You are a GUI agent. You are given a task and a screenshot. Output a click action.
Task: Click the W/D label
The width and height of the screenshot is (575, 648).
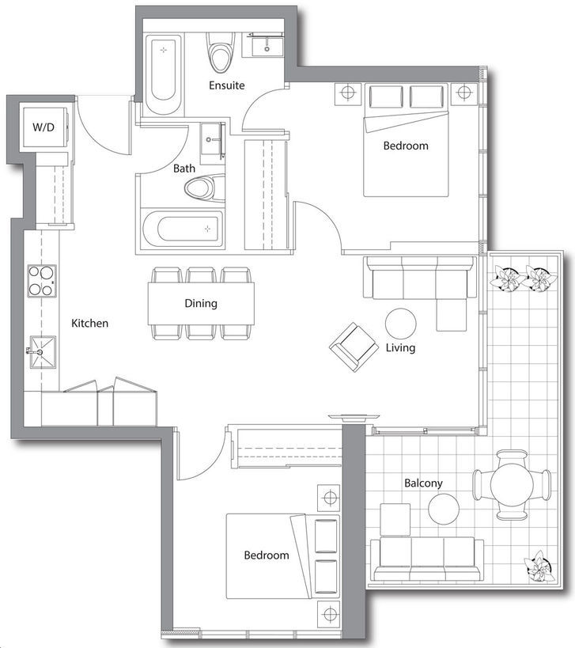tap(44, 127)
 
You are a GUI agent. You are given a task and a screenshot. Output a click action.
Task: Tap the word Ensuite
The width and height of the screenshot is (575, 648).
tap(226, 85)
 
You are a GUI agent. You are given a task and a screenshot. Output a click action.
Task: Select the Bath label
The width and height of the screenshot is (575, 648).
tap(184, 169)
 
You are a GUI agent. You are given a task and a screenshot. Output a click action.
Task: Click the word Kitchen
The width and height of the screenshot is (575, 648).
tap(89, 323)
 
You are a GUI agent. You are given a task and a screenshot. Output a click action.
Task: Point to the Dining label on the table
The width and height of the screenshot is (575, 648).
tap(201, 303)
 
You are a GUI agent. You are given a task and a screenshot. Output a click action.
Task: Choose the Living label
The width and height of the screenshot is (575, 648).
tap(400, 347)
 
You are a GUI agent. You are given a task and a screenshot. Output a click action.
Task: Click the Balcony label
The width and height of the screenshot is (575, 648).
tap(423, 483)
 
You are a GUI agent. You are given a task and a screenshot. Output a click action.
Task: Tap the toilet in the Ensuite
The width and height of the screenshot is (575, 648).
tap(221, 52)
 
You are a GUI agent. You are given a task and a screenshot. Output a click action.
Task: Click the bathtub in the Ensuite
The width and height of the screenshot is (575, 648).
tap(164, 74)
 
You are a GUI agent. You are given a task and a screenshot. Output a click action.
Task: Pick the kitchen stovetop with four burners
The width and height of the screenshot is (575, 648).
tap(42, 281)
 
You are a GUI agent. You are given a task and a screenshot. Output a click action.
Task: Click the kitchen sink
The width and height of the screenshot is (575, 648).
tap(43, 352)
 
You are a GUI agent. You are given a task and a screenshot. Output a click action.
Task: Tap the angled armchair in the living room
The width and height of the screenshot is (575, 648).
tap(354, 347)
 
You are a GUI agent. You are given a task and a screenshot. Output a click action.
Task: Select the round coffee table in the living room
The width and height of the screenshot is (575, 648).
tap(401, 324)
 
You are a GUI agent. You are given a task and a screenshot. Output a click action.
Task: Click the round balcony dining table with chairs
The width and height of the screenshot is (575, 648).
tap(512, 485)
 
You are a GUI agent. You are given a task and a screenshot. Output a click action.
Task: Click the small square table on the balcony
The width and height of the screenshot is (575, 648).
tap(395, 520)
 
